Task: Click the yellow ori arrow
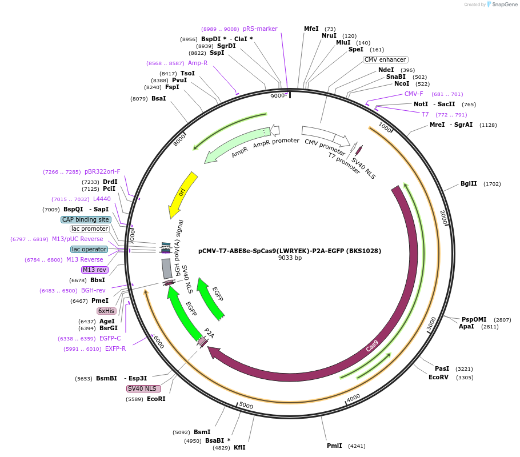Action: tap(183, 194)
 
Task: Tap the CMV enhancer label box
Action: tap(385, 59)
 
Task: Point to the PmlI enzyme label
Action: tap(334, 446)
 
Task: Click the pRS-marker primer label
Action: tap(260, 29)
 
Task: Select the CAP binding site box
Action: tap(86, 219)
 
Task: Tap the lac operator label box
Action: tap(89, 249)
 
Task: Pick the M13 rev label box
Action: tap(94, 270)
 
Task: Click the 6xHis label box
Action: tap(106, 311)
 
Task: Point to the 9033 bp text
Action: tap(290, 258)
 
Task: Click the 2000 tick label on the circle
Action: tap(443, 217)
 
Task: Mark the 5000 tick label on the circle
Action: tap(246, 405)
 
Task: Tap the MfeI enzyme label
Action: tap(311, 29)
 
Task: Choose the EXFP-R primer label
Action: tap(115, 348)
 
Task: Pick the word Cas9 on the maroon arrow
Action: tap(372, 346)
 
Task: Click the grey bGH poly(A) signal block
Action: tap(167, 268)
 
